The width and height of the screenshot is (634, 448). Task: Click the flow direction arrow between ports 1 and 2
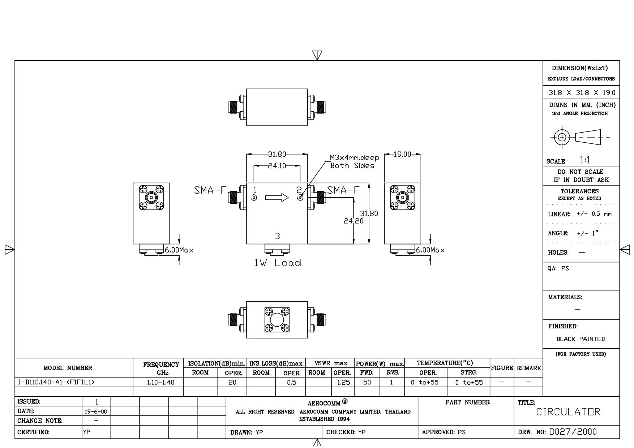coord(277,198)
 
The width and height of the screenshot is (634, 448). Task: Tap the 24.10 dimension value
coord(277,166)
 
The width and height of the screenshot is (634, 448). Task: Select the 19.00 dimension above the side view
coord(402,154)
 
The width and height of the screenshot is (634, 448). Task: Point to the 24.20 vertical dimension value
coord(354,220)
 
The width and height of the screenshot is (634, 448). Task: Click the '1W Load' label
coord(278,263)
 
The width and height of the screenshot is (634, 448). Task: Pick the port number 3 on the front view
coord(277,236)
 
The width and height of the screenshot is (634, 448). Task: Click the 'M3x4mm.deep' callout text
coord(354,158)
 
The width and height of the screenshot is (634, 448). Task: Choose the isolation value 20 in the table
coord(232,382)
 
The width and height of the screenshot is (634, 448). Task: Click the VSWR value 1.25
coord(343,382)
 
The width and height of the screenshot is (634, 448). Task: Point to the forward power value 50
coord(367,382)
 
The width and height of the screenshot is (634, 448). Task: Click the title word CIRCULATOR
coord(568,412)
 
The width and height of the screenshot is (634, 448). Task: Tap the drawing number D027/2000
coord(573,432)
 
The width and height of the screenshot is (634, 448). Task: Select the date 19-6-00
coord(97,412)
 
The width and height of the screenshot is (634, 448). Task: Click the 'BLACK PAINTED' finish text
coord(581,339)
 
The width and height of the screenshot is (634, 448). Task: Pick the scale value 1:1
coord(585,160)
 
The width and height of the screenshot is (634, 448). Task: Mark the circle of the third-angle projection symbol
coord(562,137)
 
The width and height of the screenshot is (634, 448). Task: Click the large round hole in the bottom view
coord(277,320)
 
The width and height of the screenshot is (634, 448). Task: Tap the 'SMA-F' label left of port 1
coord(210,190)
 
